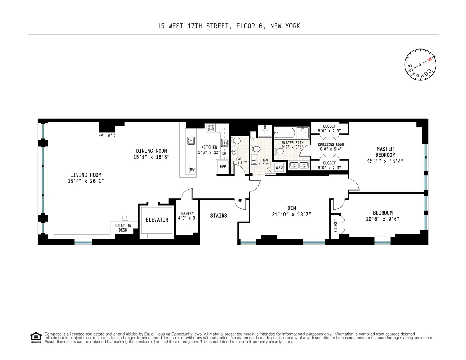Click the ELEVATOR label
click(157, 220)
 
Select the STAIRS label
click(219, 215)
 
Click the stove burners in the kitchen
click(211, 128)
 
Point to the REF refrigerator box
click(223, 167)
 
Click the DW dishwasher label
click(224, 153)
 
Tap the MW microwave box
click(192, 170)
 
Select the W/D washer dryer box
click(279, 167)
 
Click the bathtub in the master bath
click(285, 133)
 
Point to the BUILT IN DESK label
click(123, 228)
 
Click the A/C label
click(111, 136)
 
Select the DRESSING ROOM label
click(331, 145)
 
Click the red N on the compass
click(429, 60)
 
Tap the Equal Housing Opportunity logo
click(36, 337)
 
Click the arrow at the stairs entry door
click(240, 201)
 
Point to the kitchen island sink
click(190, 140)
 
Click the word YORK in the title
click(292, 26)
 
